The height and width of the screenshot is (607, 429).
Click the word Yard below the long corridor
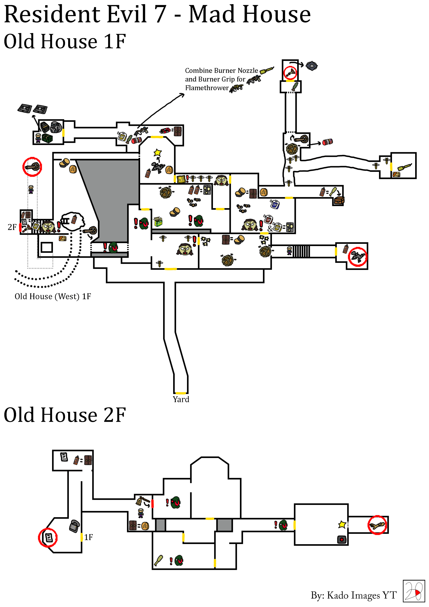[x=181, y=399]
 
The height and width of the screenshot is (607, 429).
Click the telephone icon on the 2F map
[x=74, y=526]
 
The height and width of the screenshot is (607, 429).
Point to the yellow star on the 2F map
[x=342, y=524]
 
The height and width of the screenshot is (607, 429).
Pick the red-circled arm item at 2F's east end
[x=377, y=525]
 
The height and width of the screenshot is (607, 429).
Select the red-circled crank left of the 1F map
[x=32, y=167]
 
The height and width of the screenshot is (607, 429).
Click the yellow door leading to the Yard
[x=181, y=393]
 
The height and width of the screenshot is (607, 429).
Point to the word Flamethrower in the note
[x=207, y=88]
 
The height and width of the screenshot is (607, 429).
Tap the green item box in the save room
[x=47, y=138]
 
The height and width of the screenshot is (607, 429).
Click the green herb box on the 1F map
[x=158, y=221]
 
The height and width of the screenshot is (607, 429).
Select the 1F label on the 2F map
[x=88, y=537]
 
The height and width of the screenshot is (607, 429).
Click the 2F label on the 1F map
[x=12, y=227]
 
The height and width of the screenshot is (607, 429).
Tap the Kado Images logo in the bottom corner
[x=413, y=591]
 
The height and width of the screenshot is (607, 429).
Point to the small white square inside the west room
[x=47, y=247]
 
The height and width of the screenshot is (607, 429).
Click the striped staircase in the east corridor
[x=301, y=251]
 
